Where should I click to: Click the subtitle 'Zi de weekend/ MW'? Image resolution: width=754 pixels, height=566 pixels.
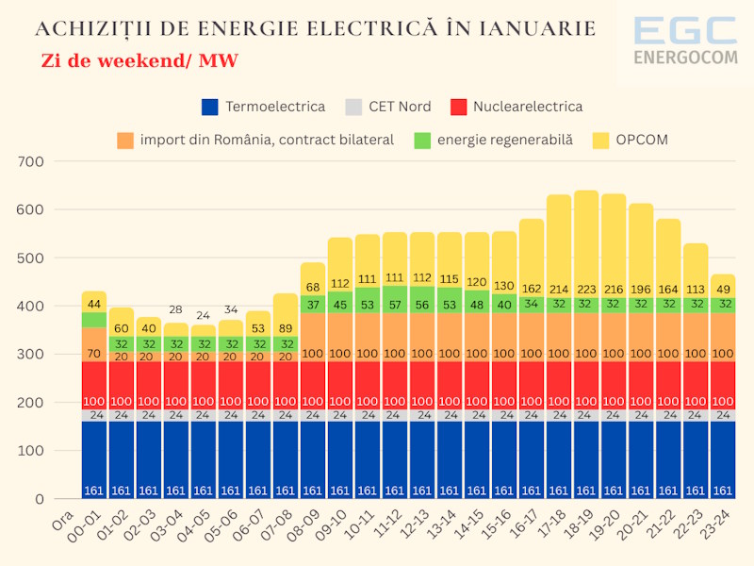(x=139, y=61)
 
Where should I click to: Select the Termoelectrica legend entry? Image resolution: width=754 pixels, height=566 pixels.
(x=263, y=107)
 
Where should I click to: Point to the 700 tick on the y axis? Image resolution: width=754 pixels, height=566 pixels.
(x=32, y=161)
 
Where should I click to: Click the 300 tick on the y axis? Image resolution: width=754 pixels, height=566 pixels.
(x=32, y=355)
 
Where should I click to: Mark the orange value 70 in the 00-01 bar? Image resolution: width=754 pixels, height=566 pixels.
(x=94, y=355)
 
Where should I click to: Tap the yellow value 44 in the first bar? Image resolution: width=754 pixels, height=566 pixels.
(x=94, y=305)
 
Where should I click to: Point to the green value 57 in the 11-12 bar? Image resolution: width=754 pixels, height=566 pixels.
(x=395, y=305)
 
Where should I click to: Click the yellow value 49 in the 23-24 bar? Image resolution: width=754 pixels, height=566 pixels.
(x=723, y=290)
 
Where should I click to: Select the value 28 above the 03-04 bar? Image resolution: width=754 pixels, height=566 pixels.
(x=176, y=310)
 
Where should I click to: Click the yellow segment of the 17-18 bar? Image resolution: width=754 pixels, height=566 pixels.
(x=559, y=245)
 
